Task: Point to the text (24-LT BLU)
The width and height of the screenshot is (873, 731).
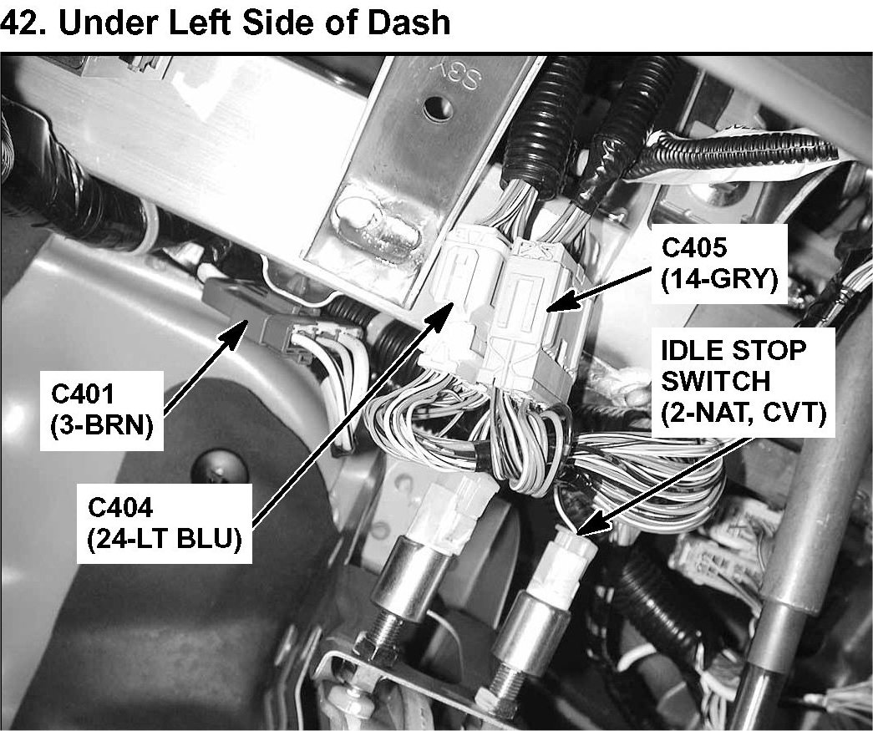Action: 165,539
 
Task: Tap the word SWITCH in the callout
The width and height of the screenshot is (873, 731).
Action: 714,381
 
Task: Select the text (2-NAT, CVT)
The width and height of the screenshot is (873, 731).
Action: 744,413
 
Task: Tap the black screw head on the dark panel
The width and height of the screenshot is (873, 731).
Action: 208,470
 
